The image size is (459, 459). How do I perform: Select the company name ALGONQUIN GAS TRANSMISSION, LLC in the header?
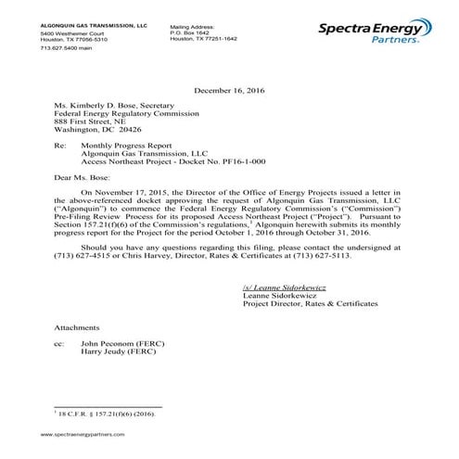coord(90,27)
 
